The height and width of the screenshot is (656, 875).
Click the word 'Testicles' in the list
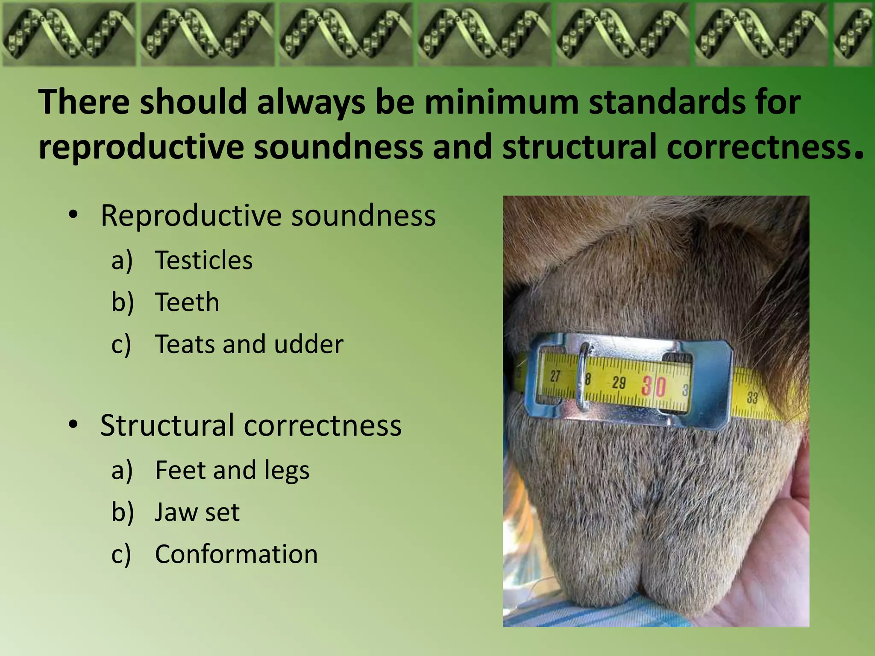point(203,260)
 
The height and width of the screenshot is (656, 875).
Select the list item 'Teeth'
point(187,302)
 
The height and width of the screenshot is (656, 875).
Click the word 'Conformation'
point(236,554)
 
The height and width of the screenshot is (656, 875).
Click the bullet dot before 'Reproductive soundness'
point(73,214)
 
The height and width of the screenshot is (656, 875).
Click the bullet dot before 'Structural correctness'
point(73,425)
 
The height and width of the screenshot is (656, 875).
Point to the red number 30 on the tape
point(654,386)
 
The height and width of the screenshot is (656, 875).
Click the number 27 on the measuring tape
point(555,376)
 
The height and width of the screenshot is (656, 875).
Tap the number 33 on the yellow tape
point(752,398)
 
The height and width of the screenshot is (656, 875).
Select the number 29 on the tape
point(619,382)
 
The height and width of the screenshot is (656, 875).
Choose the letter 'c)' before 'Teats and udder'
point(121,345)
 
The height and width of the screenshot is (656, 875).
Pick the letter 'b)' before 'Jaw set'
point(122,512)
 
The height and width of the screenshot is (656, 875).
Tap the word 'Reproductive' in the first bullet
point(190,215)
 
